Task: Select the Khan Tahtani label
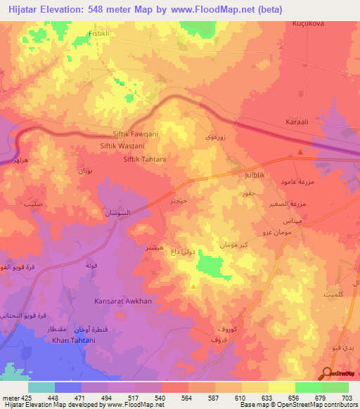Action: tap(73, 341)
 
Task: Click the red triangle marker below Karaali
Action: tap(301, 152)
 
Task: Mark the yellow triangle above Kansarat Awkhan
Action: tap(193, 286)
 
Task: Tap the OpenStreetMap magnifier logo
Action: tap(326, 374)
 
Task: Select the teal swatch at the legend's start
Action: tap(41, 387)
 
